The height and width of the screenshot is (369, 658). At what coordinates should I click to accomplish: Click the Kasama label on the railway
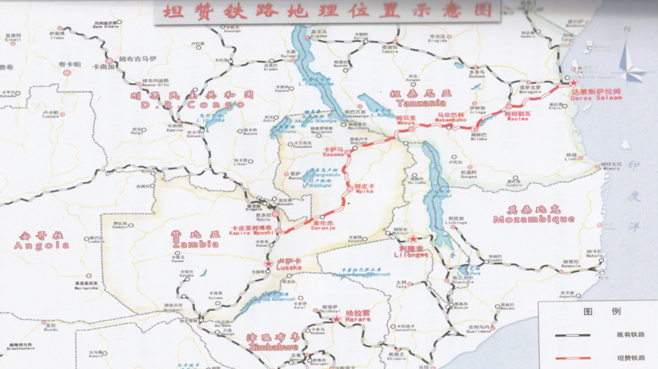[334, 152]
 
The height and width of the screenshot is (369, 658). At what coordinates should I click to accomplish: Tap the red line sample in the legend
[572, 357]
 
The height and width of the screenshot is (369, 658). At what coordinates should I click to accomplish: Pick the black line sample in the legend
[572, 336]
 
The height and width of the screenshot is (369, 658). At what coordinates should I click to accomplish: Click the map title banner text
[327, 10]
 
